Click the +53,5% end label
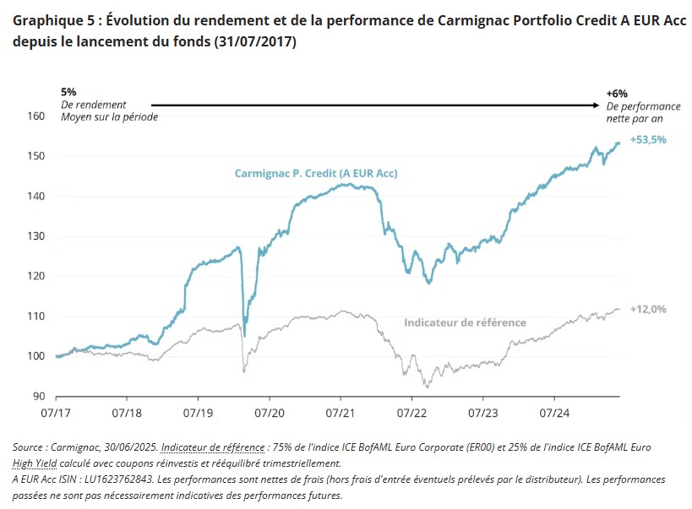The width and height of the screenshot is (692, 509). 648,140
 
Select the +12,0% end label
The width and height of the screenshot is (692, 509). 648,309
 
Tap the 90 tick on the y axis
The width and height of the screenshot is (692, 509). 37,396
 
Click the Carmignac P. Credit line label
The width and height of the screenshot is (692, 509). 316,173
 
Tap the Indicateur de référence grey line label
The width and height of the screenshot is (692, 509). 465,322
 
